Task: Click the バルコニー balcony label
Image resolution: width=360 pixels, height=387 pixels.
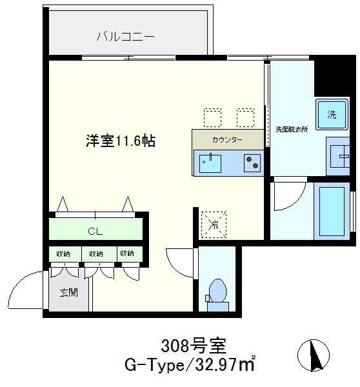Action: coord(125,37)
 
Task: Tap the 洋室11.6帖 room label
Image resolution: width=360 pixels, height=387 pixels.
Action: coord(121,141)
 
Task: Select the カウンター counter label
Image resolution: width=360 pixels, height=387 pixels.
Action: coord(227,140)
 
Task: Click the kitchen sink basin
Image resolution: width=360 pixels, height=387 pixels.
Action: coord(210,163)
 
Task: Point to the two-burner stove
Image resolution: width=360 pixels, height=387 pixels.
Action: coord(252,163)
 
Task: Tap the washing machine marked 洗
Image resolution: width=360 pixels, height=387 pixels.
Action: coord(332,115)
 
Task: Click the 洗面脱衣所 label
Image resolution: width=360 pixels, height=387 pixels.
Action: coord(292,129)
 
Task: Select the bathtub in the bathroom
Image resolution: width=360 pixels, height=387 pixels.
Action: coord(332,212)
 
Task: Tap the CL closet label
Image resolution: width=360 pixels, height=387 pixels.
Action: coord(95,232)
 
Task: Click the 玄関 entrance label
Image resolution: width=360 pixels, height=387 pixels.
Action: coord(69,293)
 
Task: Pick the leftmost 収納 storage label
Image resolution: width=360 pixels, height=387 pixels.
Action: coord(63,253)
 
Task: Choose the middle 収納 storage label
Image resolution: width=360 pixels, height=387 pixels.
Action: coord(96,253)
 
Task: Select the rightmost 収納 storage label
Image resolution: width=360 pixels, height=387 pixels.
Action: coord(127,253)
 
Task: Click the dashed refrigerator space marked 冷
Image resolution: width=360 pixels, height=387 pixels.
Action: coord(214,224)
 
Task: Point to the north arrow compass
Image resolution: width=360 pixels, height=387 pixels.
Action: coord(314,355)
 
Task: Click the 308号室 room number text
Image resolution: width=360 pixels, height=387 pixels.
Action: coord(194,346)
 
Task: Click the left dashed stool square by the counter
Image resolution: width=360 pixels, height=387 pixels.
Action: coord(212,117)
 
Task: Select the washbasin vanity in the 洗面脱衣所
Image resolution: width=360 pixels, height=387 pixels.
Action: coord(338,156)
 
